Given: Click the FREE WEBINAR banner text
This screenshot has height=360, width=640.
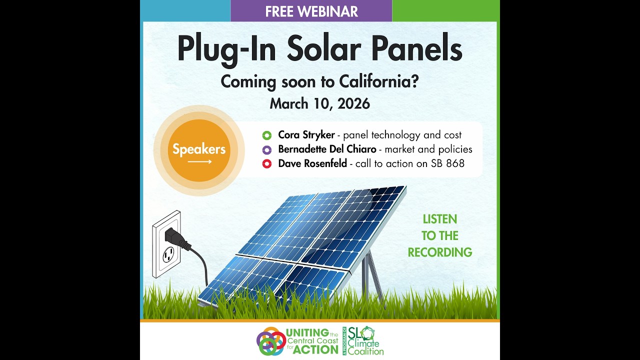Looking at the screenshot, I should (311, 11).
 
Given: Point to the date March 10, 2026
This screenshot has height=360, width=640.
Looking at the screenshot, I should (319, 103).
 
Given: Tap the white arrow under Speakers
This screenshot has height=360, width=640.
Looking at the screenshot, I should (199, 162).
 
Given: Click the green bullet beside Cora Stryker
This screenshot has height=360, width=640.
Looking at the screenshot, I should (266, 135).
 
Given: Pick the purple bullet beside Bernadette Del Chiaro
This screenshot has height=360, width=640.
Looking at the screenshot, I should (266, 149).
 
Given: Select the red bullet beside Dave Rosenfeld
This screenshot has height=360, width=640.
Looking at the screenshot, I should (266, 163).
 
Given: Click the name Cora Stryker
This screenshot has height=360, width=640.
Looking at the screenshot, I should (306, 135).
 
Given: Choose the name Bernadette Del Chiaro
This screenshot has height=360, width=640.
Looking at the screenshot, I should (327, 149).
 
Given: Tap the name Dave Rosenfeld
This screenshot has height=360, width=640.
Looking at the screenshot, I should (312, 163).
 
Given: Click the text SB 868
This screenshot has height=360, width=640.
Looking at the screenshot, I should (447, 163).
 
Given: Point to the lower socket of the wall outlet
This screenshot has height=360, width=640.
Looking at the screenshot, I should (168, 254).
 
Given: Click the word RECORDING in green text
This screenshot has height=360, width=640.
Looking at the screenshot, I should (439, 252).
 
